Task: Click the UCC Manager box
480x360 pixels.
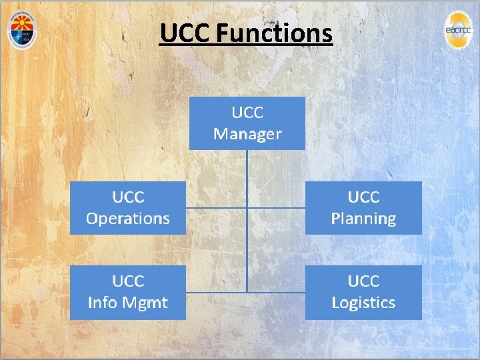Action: [247, 123]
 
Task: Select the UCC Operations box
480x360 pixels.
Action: [128, 207]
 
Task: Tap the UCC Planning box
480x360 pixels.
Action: [363, 207]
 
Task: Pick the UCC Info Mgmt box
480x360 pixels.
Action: [128, 292]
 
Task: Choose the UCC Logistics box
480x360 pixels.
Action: [363, 292]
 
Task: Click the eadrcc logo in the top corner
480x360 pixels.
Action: [461, 30]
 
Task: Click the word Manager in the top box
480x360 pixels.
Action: [247, 134]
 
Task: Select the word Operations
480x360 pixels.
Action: [128, 218]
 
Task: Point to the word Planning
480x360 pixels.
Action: [363, 218]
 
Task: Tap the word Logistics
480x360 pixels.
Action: [363, 303]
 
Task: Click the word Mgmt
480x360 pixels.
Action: [145, 303]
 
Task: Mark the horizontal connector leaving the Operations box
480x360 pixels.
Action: [216, 208]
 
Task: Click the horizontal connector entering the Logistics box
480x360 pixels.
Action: [276, 292]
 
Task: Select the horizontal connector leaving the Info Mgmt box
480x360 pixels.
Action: [216, 292]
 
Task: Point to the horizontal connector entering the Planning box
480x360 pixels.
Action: [276, 208]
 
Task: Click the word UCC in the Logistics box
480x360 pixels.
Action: [363, 281]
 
